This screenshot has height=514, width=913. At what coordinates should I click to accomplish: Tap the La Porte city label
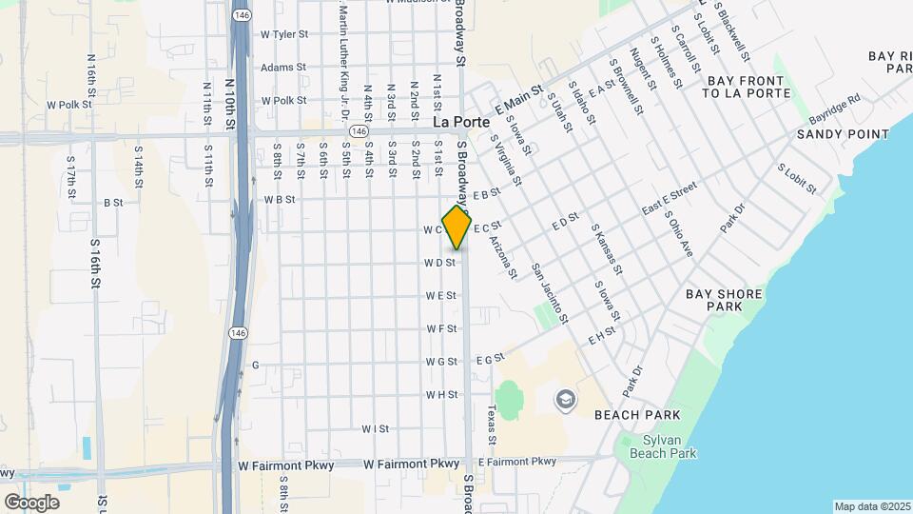461,123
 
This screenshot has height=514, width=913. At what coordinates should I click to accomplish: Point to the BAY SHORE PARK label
725,301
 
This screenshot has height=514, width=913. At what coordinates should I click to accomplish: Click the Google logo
31,502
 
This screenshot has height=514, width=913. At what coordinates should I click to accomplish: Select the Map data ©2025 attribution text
872,506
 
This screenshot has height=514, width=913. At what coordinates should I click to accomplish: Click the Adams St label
282,68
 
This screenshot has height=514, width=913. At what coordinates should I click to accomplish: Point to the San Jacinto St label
550,292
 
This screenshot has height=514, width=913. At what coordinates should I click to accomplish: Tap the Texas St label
492,426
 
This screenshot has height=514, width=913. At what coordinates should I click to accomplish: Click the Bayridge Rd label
834,109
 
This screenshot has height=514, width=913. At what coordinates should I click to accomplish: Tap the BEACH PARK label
636,415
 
